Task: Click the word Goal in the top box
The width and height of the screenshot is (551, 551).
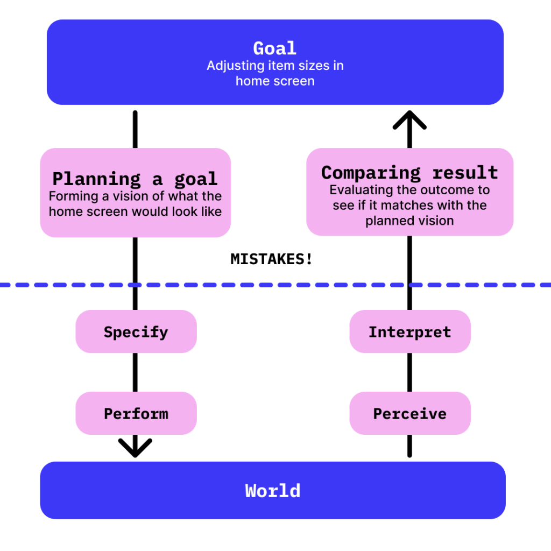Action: tap(274, 48)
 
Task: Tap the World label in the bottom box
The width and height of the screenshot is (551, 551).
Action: tap(273, 491)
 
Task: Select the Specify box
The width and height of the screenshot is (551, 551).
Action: tap(136, 331)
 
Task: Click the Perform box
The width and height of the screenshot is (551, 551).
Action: tap(136, 413)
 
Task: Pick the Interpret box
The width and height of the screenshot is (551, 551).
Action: tap(410, 331)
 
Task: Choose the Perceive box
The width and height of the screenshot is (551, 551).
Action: tap(410, 413)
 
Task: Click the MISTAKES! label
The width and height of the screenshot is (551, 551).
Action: tap(271, 259)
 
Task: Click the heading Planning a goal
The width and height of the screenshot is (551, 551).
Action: tap(135, 179)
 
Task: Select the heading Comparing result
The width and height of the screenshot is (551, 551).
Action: tap(409, 173)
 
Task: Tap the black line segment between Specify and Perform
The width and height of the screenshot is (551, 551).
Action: tap(135, 372)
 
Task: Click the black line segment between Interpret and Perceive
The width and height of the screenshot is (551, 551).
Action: tap(409, 372)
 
